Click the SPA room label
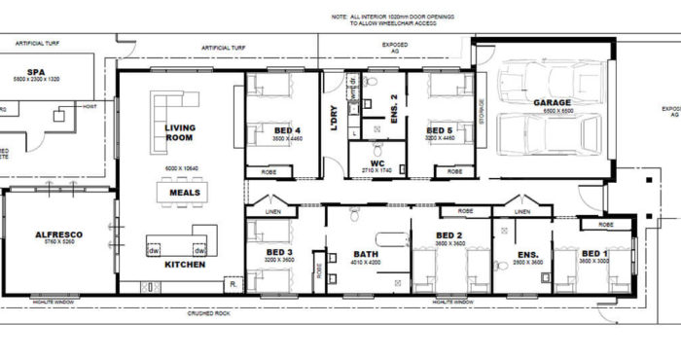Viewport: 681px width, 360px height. [x=37, y=72]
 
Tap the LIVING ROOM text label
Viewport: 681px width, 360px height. [x=180, y=133]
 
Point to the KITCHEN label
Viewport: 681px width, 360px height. [x=183, y=265]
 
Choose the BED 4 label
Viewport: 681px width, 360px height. [x=288, y=130]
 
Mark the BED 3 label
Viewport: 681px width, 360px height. [x=280, y=252]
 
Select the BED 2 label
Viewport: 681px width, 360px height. [x=448, y=234]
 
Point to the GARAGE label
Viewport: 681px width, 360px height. [x=551, y=102]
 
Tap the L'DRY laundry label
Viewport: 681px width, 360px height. [x=336, y=118]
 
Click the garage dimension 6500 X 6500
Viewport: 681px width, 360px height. [x=551, y=112]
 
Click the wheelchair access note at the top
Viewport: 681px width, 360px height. [x=397, y=20]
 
